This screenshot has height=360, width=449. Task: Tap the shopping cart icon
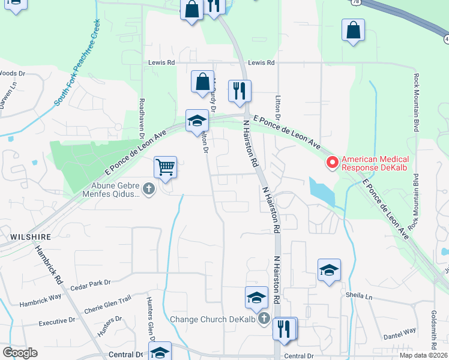pos(165,166)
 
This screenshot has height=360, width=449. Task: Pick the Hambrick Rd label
pos(49,265)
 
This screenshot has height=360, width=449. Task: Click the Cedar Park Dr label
pos(91,283)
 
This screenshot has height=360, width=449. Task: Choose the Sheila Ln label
pos(359,296)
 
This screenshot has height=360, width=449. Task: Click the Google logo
pos(20,353)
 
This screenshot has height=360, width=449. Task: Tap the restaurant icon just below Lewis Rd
pos(240,91)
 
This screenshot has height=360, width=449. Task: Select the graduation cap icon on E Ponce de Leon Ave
pos(196,120)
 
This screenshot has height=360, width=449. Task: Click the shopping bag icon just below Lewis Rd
pos(203,82)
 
